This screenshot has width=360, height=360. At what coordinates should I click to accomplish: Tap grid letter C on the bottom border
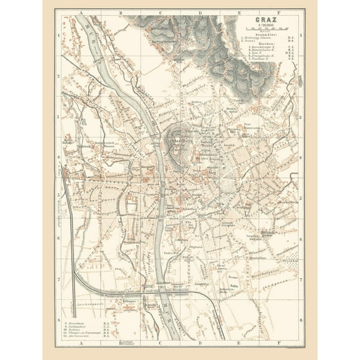(x=160, y=344)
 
